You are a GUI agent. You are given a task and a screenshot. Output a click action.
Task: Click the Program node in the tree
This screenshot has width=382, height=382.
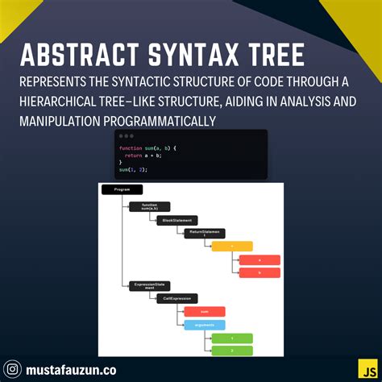click(x=122, y=189)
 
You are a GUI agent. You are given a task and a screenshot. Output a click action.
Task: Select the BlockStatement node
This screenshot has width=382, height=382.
click(x=177, y=220)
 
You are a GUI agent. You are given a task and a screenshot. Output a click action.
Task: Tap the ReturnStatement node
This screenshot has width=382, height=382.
click(x=205, y=233)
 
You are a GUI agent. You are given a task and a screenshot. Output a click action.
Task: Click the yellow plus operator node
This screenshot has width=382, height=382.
click(x=232, y=247)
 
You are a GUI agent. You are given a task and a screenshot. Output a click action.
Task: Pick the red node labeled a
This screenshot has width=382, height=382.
click(x=260, y=260)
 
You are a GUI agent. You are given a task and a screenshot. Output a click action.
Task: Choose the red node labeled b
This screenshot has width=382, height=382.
click(x=260, y=273)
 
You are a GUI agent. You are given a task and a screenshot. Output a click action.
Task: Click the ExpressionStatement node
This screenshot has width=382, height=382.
click(x=150, y=286)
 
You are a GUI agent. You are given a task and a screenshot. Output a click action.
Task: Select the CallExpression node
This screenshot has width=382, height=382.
click(x=177, y=298)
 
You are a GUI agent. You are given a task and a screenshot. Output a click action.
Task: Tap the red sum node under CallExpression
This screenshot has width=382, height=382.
click(x=205, y=311)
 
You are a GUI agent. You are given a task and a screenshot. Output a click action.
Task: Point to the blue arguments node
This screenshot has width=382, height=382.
click(x=205, y=325)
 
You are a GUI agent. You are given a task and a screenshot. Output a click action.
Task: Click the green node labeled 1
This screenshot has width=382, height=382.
click(x=232, y=338)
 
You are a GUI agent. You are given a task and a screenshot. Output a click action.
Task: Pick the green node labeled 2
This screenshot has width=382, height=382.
click(x=232, y=351)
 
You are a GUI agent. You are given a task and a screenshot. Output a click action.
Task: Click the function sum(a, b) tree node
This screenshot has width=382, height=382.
click(x=150, y=206)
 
